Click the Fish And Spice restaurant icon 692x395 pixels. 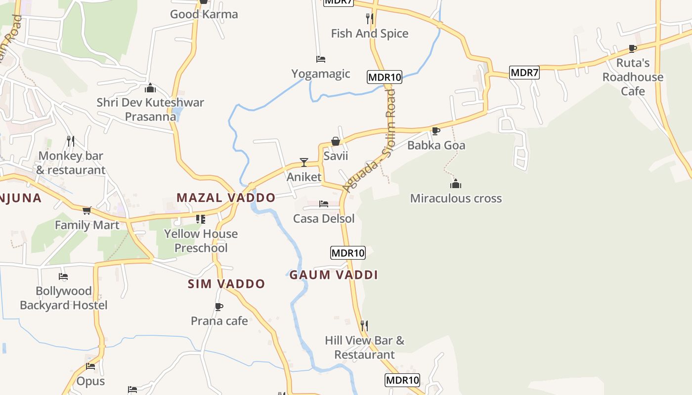point(369,19)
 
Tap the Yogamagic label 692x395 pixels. point(320,74)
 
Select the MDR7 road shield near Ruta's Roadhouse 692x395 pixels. point(524,73)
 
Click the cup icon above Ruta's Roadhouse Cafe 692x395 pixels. point(632,48)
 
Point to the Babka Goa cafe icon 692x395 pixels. point(435,131)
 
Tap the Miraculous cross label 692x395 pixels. point(456,198)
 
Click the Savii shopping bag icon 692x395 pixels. point(336,142)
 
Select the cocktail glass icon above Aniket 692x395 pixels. point(304,162)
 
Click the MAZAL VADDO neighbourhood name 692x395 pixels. point(226,198)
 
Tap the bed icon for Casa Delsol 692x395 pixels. point(324,203)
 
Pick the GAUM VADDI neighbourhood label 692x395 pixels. point(334,275)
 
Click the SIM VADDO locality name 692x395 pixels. point(226,284)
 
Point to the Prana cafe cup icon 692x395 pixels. point(219,307)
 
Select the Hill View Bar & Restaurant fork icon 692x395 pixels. point(364,325)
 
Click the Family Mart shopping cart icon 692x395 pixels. point(87,211)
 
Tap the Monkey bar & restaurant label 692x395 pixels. point(71,163)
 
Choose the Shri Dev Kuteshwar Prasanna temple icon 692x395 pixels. point(150,88)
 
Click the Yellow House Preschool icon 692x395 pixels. point(200,219)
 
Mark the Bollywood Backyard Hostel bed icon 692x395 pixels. point(63,276)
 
